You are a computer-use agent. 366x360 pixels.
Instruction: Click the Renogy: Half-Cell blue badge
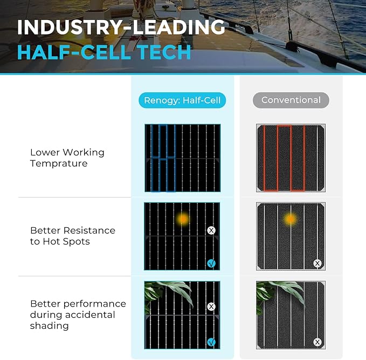(x=182, y=100)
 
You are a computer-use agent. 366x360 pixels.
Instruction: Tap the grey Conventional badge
(x=291, y=100)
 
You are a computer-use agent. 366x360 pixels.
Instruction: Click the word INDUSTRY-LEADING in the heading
(x=121, y=27)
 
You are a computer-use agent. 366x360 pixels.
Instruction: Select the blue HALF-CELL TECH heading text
(x=105, y=52)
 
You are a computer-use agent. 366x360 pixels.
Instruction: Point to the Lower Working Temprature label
(x=67, y=158)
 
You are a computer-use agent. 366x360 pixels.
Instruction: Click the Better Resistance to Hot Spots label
(x=73, y=236)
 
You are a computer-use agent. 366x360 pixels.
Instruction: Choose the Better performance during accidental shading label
(x=78, y=315)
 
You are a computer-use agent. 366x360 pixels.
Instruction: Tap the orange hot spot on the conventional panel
(x=291, y=219)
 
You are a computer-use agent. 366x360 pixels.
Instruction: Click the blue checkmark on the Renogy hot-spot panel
(x=211, y=263)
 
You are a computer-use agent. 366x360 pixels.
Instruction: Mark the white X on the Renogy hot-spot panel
(x=211, y=230)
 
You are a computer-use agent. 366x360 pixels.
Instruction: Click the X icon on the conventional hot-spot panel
(x=317, y=263)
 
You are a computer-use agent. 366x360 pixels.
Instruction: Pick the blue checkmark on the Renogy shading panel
(x=211, y=342)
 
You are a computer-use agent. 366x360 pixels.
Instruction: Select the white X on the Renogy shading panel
(x=211, y=307)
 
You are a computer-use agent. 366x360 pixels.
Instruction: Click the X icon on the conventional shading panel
(x=317, y=342)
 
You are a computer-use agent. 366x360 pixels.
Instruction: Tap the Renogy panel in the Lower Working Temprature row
(x=182, y=158)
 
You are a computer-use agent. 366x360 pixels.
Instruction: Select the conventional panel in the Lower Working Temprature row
(x=291, y=158)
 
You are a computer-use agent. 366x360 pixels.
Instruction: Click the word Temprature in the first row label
(x=59, y=164)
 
